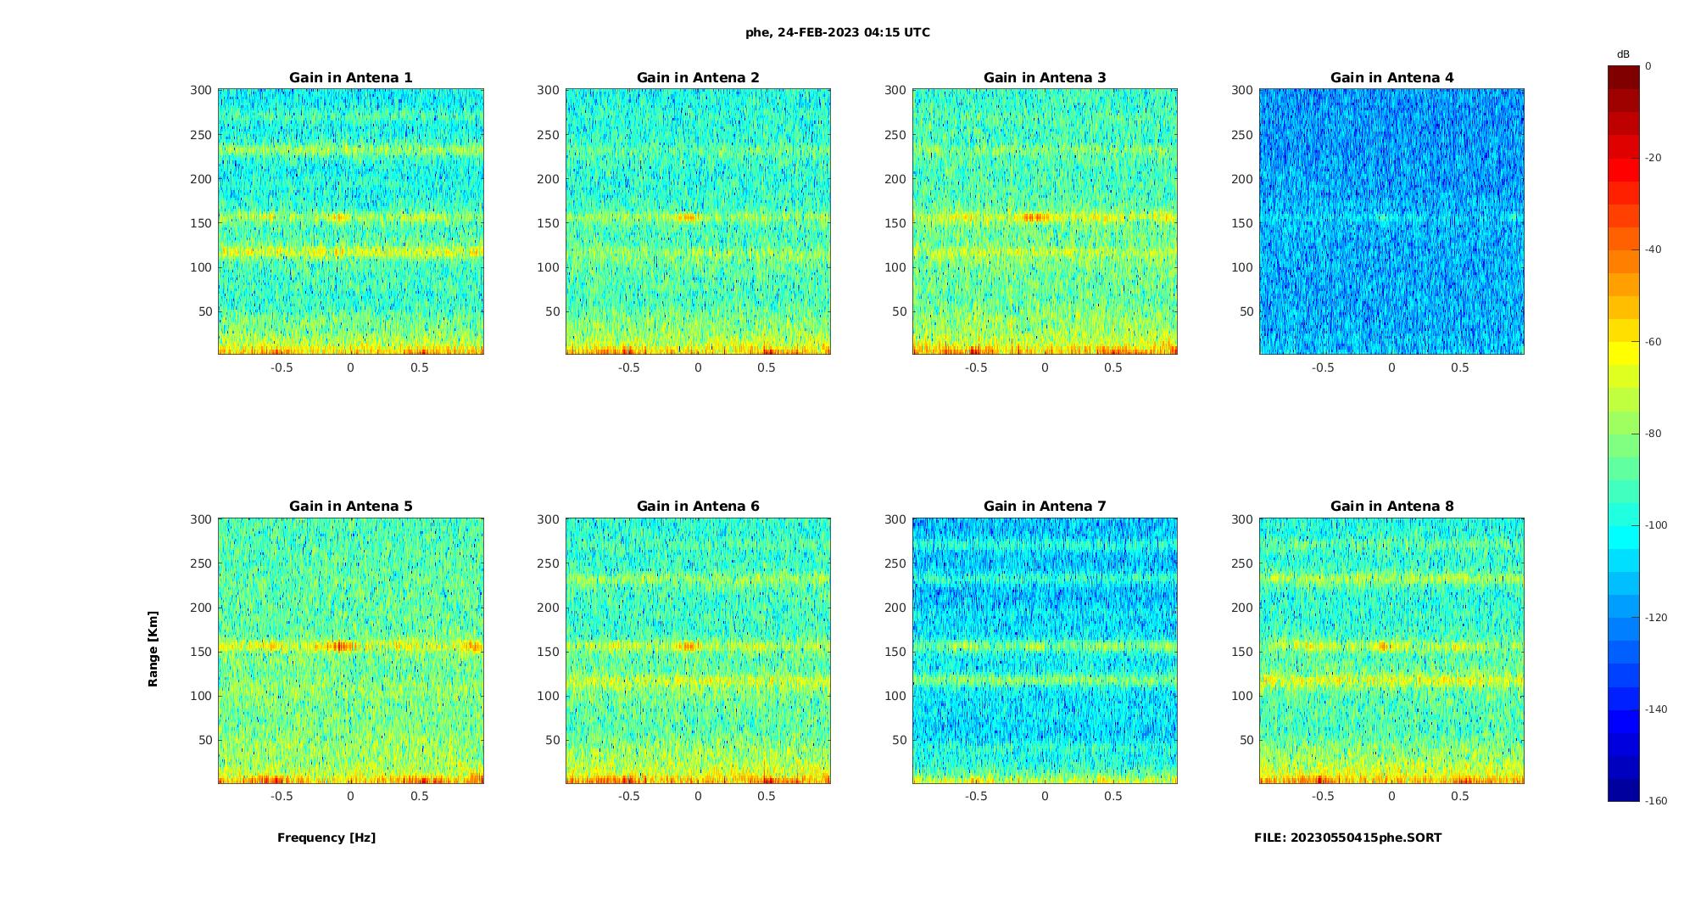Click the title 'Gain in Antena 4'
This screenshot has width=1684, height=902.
tap(1391, 78)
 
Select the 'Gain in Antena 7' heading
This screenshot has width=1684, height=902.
tap(1045, 507)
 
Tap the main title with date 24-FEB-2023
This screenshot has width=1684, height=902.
tap(838, 33)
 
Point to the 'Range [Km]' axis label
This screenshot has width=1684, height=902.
tap(153, 648)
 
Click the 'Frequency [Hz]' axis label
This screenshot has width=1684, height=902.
tap(326, 838)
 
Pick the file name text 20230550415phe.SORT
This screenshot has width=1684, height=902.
tap(1347, 838)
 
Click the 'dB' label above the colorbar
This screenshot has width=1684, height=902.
tap(1623, 54)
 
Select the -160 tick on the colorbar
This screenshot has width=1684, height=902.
tap(1656, 801)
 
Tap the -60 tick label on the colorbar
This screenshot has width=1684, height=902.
tap(1653, 342)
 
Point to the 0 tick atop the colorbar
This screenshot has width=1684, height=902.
tap(1648, 66)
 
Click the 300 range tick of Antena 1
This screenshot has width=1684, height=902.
tap(200, 90)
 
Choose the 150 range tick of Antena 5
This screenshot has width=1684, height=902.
tap(200, 652)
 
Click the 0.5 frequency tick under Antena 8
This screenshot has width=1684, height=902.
tap(1459, 796)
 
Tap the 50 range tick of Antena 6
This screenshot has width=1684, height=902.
tap(553, 740)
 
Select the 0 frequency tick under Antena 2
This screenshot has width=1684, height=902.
tap(698, 367)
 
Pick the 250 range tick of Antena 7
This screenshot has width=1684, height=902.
tap(895, 563)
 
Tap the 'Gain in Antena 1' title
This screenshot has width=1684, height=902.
tap(351, 78)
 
